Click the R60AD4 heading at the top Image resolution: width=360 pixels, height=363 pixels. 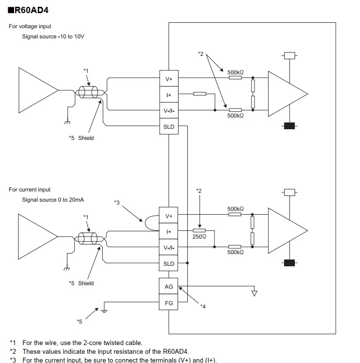[x=28, y=10]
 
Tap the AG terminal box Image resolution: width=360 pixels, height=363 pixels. [x=168, y=286]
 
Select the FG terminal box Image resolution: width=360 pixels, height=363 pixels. [x=168, y=302]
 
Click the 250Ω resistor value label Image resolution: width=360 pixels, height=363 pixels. [x=199, y=237]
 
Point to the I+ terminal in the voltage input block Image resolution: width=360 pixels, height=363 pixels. [x=169, y=94]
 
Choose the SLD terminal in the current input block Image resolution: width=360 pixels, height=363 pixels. [x=168, y=263]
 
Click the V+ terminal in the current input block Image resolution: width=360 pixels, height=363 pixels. [x=168, y=216]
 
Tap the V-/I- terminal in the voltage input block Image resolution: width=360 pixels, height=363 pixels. [x=169, y=110]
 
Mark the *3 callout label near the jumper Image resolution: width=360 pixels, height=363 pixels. [x=117, y=203]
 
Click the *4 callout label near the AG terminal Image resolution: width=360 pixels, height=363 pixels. [x=203, y=307]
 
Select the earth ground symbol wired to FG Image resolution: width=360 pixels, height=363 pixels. [x=104, y=311]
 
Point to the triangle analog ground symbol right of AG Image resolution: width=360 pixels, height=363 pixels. [x=254, y=294]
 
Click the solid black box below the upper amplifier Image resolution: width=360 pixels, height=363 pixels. [x=289, y=126]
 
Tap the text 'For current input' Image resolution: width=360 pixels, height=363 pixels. [x=30, y=190]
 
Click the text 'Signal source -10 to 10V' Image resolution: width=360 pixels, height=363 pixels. [x=53, y=36]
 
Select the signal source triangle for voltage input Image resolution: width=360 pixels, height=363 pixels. [x=38, y=90]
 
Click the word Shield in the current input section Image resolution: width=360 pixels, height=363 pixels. [x=86, y=283]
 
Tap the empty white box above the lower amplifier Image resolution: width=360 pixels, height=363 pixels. [x=289, y=192]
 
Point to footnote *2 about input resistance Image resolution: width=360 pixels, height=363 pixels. [x=99, y=351]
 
